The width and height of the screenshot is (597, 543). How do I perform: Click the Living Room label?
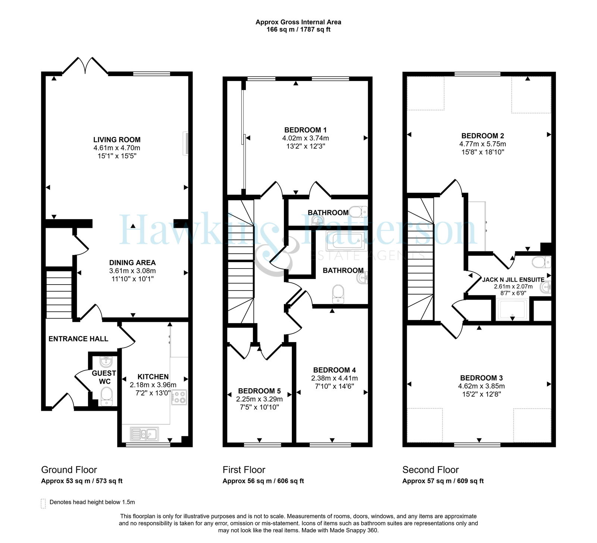click(117, 140)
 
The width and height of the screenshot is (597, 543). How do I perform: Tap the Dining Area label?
click(132, 263)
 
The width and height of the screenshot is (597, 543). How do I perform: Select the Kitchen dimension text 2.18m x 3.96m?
click(153, 385)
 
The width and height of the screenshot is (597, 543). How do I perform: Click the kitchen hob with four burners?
click(179, 397)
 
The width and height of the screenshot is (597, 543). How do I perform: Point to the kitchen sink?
click(145, 434)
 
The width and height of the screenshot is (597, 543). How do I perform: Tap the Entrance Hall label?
click(78, 339)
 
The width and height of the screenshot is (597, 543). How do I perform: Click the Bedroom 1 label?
click(306, 130)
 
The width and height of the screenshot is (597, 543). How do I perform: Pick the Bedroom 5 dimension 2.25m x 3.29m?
click(259, 399)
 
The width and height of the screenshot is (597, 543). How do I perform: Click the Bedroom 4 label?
click(334, 370)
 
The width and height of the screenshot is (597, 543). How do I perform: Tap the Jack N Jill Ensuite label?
click(513, 280)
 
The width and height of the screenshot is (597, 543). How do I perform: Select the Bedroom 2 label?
click(483, 136)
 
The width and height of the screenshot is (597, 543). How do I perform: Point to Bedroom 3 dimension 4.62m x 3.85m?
click(481, 386)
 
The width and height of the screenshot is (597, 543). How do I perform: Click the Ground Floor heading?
click(69, 470)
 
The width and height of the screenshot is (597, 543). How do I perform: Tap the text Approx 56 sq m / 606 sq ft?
click(263, 481)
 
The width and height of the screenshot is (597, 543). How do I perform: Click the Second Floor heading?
click(431, 470)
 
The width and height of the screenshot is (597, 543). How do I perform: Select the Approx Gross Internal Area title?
click(298, 22)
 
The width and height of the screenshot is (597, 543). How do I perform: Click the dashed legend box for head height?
click(43, 503)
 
